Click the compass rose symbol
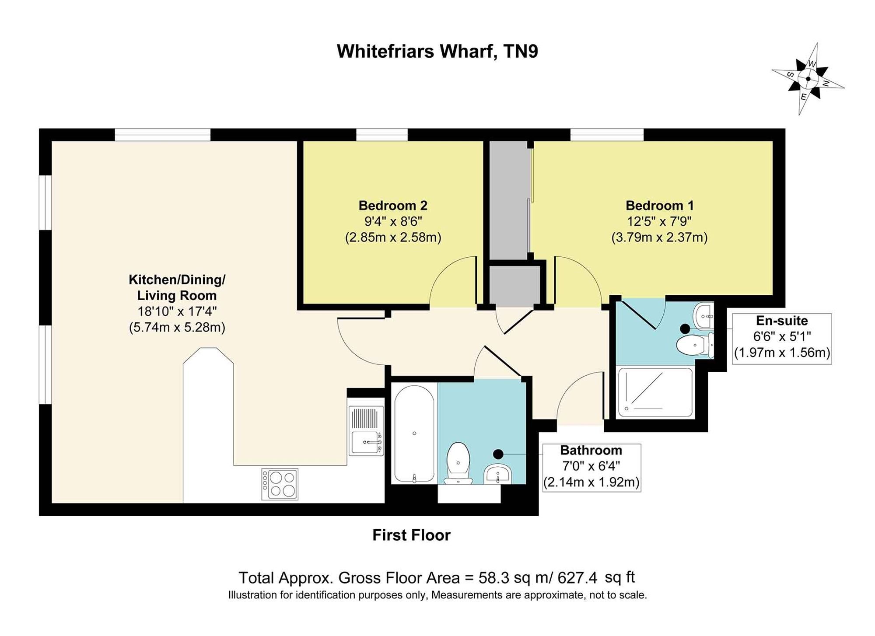(808, 79)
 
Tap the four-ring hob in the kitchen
(280, 484)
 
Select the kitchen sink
(366, 431)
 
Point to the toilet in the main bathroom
(458, 463)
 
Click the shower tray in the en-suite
(654, 392)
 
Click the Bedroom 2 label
(393, 205)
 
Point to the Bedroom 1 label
(659, 205)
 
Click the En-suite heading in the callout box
(782, 321)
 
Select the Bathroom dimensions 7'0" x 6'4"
(591, 466)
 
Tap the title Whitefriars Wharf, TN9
(437, 51)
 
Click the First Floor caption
(411, 535)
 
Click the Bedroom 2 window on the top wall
(382, 135)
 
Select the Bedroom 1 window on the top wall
(607, 135)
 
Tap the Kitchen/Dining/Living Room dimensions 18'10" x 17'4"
(177, 311)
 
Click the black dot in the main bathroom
(498, 454)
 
